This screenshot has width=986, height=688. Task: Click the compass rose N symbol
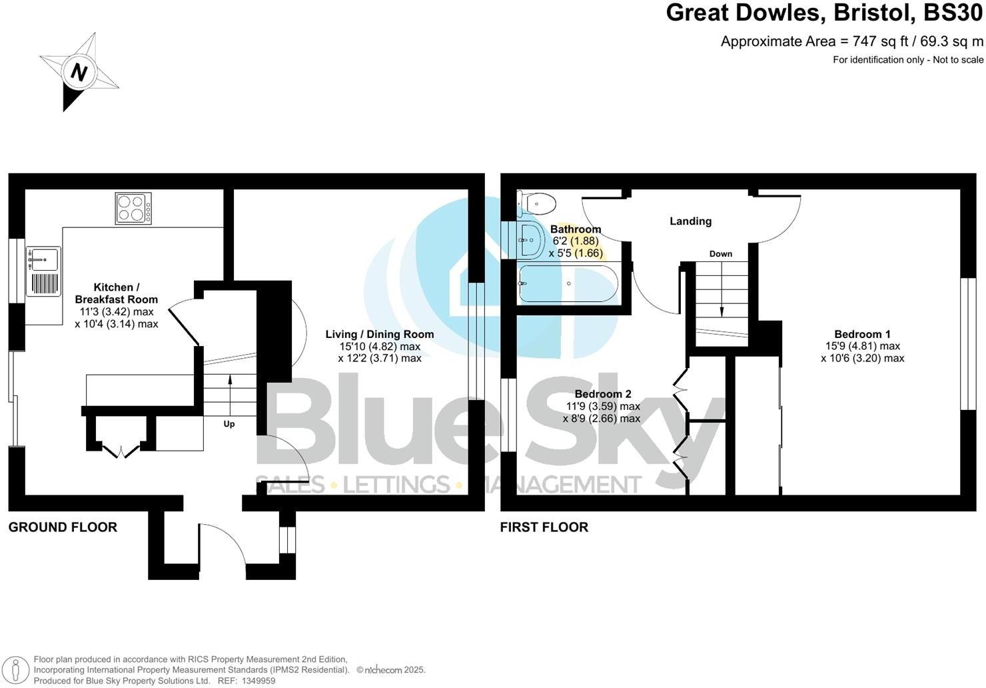coord(79,72)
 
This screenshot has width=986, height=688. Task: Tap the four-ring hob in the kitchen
coord(133,207)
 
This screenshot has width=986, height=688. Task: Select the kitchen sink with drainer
coord(43,271)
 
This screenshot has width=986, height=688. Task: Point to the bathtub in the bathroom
coord(568,284)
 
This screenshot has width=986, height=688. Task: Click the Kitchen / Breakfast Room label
coord(116,293)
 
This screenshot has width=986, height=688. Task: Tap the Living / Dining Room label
coord(379,335)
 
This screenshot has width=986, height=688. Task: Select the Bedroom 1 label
coord(862,335)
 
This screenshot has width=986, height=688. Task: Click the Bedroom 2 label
coord(602,394)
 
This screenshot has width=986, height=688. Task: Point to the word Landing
coord(690,221)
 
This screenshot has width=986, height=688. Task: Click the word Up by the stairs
coord(229,424)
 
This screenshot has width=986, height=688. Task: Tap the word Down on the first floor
coord(720,254)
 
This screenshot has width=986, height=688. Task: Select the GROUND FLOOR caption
coord(63,527)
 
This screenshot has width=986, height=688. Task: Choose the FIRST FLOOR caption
coord(544,527)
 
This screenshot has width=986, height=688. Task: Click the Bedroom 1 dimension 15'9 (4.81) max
coord(862,347)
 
